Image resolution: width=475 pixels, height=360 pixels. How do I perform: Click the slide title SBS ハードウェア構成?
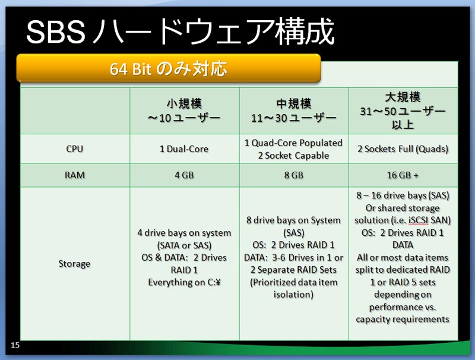pos(180,31)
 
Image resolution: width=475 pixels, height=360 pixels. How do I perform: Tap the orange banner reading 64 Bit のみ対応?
pos(169,68)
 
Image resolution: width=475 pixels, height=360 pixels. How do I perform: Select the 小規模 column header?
pos(184,110)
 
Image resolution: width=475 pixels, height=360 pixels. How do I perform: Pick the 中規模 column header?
pos(293,110)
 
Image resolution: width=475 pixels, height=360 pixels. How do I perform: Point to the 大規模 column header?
pos(403,111)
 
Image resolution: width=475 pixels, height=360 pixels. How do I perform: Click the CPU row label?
pos(75,149)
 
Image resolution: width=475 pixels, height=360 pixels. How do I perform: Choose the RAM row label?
pos(75,175)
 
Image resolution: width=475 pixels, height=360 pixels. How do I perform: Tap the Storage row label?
pos(75,264)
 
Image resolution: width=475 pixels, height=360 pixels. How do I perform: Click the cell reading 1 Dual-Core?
pos(184,149)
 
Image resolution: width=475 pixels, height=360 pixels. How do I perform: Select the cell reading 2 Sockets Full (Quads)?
pos(403,149)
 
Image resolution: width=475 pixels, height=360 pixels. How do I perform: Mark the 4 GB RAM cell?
pos(184,175)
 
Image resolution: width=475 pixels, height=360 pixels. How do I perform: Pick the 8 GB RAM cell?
pos(293,175)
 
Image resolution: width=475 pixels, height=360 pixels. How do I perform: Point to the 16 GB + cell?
pos(403,175)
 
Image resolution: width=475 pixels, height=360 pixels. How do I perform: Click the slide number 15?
pos(15,345)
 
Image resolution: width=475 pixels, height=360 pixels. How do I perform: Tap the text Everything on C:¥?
pos(184,282)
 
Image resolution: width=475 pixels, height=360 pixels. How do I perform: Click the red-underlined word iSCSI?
pos(419,220)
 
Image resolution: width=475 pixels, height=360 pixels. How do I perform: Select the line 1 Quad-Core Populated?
pos(293,143)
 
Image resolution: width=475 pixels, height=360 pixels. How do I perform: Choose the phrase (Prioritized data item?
pos(293,282)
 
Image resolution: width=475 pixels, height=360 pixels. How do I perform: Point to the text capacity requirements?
pos(403,320)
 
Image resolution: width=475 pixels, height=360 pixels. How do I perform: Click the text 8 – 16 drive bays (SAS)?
pos(403,195)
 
